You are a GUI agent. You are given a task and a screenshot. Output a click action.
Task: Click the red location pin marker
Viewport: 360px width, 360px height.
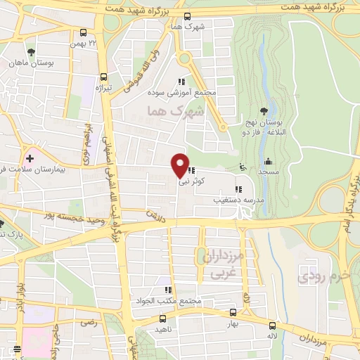click(x=180, y=165)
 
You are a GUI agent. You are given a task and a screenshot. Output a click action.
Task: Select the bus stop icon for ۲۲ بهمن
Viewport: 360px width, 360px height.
click(x=84, y=32)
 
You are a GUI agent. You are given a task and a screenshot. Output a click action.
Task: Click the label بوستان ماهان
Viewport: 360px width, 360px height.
click(x=30, y=63)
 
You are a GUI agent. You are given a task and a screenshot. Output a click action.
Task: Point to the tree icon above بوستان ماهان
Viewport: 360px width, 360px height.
click(x=30, y=52)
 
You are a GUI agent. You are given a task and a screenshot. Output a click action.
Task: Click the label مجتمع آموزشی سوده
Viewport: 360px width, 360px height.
click(x=181, y=93)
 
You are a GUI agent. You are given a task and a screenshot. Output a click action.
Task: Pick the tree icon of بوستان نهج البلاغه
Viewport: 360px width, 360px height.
click(x=264, y=110)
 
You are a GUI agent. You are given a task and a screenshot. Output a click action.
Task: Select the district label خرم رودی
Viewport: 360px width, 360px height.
click(x=323, y=274)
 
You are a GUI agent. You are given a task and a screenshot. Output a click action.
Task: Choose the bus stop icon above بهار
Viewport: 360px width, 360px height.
click(x=233, y=313)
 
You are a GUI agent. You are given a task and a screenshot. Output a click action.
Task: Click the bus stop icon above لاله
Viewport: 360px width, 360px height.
click(x=272, y=325)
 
